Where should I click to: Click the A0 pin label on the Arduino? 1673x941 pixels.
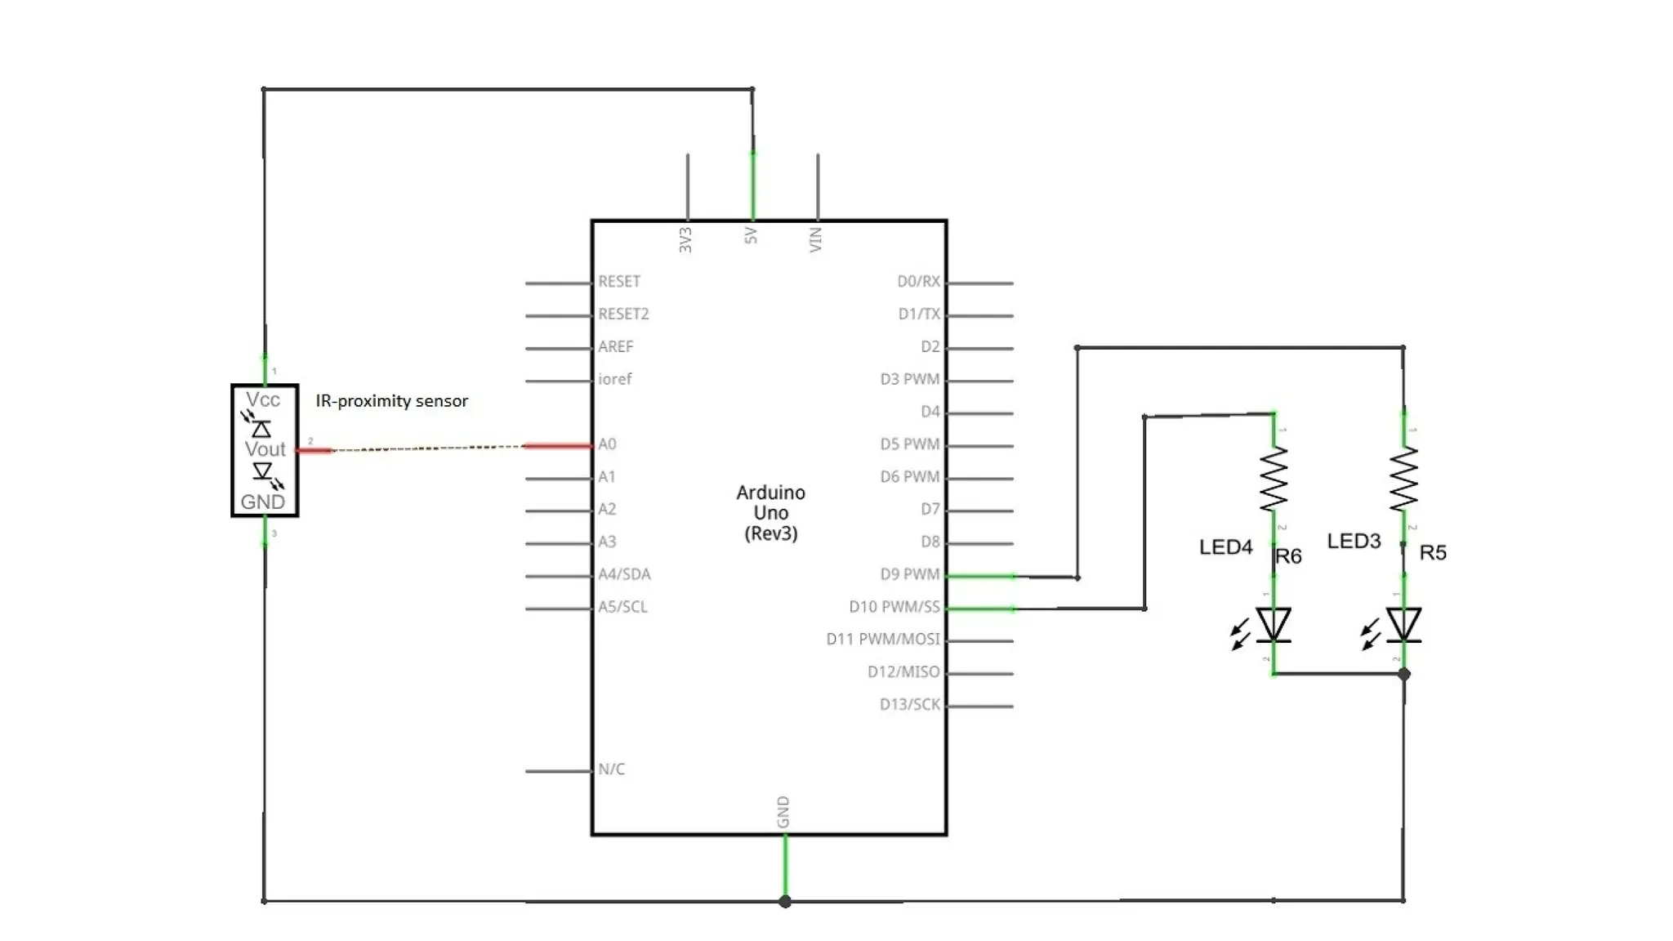click(x=607, y=444)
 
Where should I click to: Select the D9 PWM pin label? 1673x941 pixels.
click(x=909, y=574)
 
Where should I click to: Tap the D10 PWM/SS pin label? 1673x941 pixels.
click(x=894, y=607)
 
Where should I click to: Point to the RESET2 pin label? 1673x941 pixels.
click(x=623, y=314)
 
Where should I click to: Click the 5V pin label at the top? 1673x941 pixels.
click(x=752, y=236)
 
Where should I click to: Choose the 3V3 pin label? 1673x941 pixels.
click(x=686, y=239)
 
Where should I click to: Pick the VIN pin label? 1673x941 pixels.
click(x=816, y=239)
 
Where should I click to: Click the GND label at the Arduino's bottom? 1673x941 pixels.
click(x=783, y=812)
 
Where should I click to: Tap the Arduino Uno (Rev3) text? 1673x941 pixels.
click(x=770, y=513)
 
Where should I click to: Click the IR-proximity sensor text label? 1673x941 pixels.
click(x=392, y=401)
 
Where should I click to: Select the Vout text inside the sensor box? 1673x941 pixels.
click(x=265, y=449)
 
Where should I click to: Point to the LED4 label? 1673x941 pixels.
click(x=1225, y=547)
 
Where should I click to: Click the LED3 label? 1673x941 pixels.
click(x=1354, y=541)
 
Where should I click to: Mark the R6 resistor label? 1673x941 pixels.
click(x=1288, y=556)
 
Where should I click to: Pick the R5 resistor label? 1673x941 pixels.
click(x=1433, y=553)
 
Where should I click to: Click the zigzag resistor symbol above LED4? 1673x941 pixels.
click(x=1274, y=479)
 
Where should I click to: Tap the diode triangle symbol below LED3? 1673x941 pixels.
click(x=1403, y=625)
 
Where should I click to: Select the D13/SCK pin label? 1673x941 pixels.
click(x=909, y=704)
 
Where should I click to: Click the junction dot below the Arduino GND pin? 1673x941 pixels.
click(x=785, y=902)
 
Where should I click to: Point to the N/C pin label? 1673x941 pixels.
click(x=611, y=769)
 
